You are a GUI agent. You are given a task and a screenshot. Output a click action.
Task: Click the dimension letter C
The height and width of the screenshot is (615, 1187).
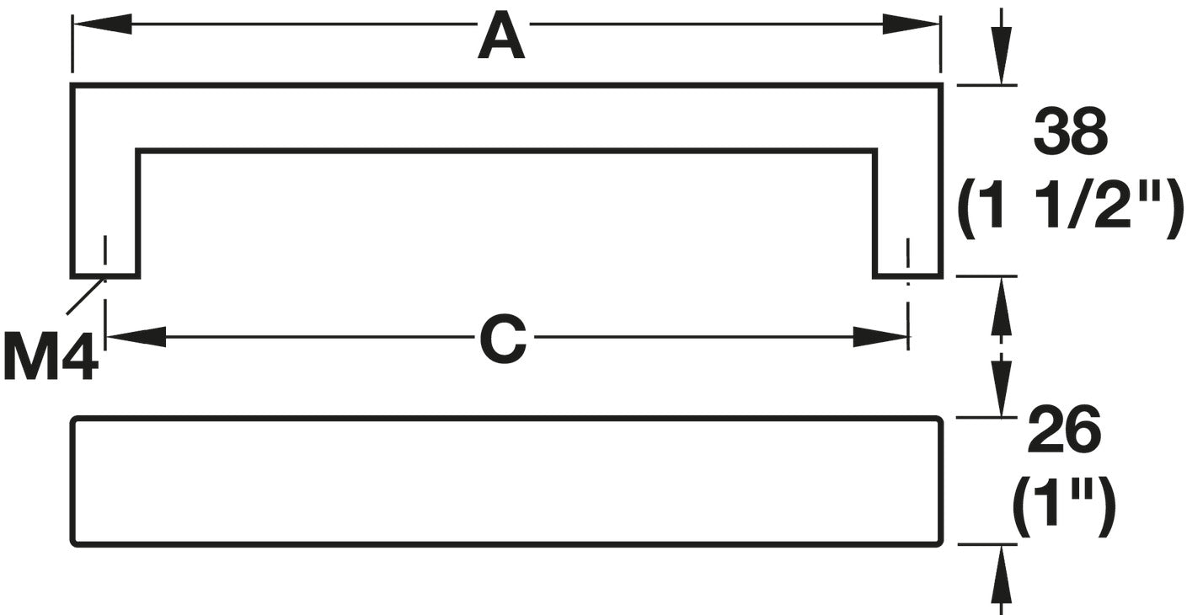pyautogui.click(x=503, y=340)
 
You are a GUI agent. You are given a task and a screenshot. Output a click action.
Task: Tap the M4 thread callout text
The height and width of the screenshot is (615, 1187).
pyautogui.click(x=51, y=356)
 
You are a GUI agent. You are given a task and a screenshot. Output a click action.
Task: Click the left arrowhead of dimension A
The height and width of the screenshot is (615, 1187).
pyautogui.click(x=102, y=24)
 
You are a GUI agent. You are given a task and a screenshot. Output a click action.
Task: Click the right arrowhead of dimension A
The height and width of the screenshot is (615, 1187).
pyautogui.click(x=911, y=24)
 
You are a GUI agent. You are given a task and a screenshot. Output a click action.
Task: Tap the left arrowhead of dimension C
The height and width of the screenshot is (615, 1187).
pyautogui.click(x=136, y=338)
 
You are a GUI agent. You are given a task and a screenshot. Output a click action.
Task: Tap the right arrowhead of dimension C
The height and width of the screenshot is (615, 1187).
pyautogui.click(x=880, y=338)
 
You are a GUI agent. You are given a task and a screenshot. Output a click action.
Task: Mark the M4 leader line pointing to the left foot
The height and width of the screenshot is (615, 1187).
pyautogui.click(x=85, y=296)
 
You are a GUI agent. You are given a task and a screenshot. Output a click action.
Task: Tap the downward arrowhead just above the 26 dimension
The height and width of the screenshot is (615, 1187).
pyautogui.click(x=1001, y=388)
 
